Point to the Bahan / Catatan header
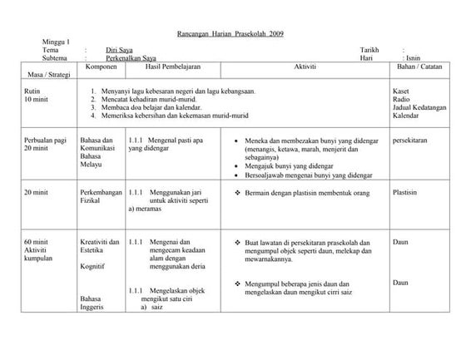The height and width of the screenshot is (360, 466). [x=419, y=66]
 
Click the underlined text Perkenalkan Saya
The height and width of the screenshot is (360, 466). [x=137, y=58]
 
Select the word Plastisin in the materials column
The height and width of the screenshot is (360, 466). [x=405, y=191]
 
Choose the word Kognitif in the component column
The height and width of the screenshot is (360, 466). [x=92, y=268]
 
